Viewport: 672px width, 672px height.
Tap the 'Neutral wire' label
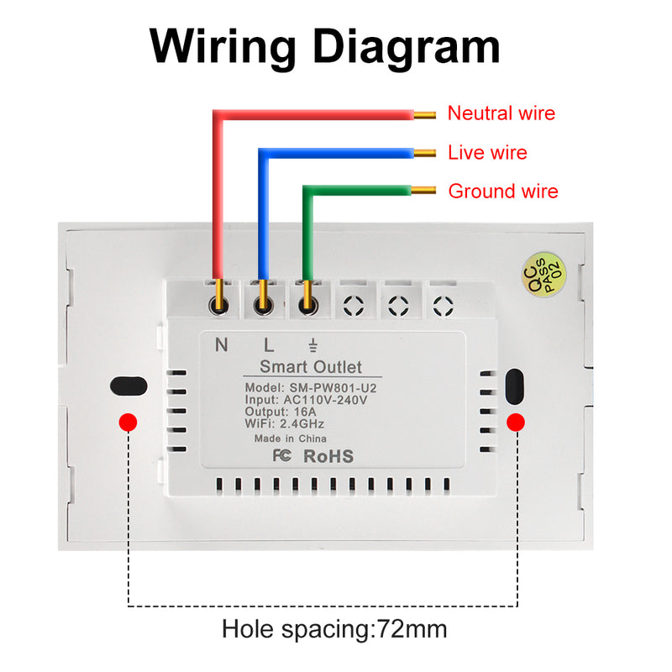click(501, 113)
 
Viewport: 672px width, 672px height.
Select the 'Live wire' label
click(487, 153)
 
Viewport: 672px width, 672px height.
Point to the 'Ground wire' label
click(502, 192)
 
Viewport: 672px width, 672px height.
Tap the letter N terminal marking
click(222, 344)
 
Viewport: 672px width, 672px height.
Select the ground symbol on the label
click(312, 344)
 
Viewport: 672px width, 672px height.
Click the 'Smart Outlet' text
click(311, 367)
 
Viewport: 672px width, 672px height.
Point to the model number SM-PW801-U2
click(311, 387)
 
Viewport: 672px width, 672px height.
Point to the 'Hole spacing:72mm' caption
click(334, 628)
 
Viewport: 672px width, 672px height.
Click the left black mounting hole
click(128, 386)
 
